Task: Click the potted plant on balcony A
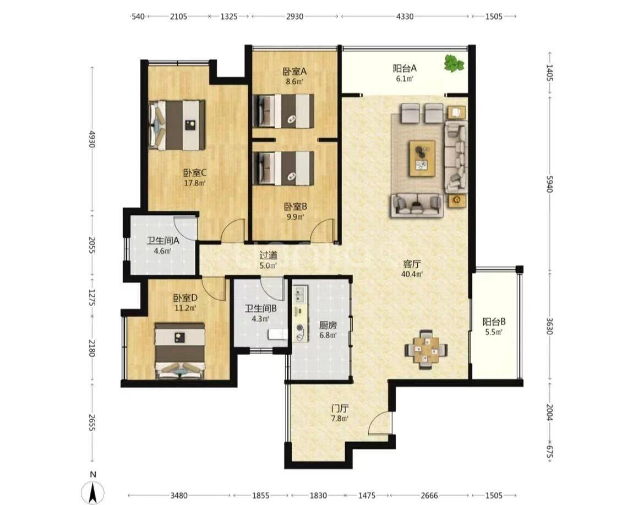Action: [454, 64]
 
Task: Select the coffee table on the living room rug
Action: [422, 158]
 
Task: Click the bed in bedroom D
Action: [180, 350]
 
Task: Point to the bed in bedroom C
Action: [177, 125]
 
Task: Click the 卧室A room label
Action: [294, 71]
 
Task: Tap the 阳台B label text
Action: [494, 321]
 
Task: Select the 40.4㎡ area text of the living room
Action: [412, 274]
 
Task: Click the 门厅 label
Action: [340, 409]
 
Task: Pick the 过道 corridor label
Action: [269, 255]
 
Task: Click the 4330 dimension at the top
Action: [405, 17]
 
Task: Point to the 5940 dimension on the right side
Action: [550, 184]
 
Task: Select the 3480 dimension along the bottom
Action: [179, 495]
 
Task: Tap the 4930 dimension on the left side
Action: [92, 139]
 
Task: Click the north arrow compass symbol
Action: [93, 491]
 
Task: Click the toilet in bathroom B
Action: [277, 334]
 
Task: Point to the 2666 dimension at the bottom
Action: [429, 495]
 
